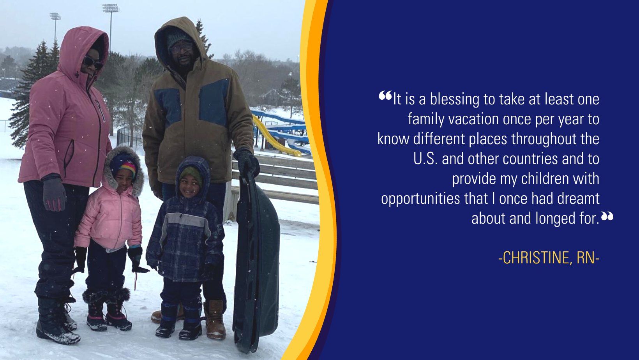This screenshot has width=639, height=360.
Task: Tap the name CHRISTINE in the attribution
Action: coord(536,258)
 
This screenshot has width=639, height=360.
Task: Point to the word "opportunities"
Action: coord(420,199)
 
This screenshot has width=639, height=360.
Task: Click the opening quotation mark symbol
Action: coord(385,95)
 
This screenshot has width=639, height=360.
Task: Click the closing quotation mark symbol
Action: coord(607,216)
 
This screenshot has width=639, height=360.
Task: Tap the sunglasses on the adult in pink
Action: coord(93,62)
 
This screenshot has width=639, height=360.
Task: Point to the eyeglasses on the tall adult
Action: coord(182,48)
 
